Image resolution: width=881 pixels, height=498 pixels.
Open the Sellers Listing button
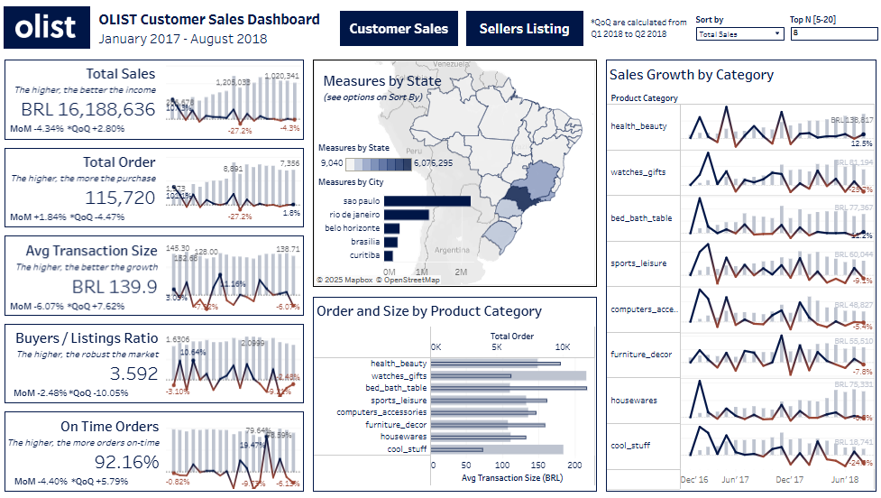(x=524, y=29)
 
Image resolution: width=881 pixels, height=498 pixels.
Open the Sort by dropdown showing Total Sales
(x=740, y=33)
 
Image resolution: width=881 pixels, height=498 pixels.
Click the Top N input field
(x=832, y=33)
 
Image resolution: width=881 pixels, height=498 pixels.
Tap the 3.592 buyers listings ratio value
(x=133, y=373)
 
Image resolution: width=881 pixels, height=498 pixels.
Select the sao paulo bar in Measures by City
(x=427, y=200)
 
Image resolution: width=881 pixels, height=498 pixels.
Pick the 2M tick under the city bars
(x=461, y=272)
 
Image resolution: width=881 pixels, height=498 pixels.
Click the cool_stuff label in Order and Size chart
(x=407, y=448)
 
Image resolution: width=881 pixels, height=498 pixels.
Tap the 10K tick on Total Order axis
(x=564, y=346)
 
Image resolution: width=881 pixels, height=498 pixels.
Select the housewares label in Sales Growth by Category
(x=634, y=400)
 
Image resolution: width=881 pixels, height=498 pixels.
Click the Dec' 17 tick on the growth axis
(x=789, y=480)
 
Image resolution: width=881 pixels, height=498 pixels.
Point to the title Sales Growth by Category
(x=692, y=75)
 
